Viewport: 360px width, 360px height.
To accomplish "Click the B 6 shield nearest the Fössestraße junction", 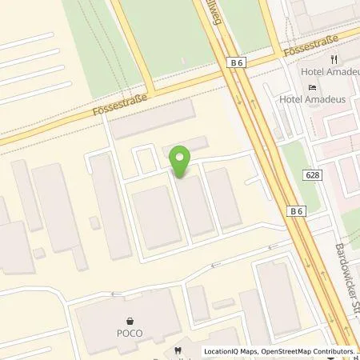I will tap(235, 61).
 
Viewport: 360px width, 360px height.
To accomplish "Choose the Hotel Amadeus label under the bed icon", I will tap(313, 98).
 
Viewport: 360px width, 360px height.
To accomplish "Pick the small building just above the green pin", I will tap(185, 147).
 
